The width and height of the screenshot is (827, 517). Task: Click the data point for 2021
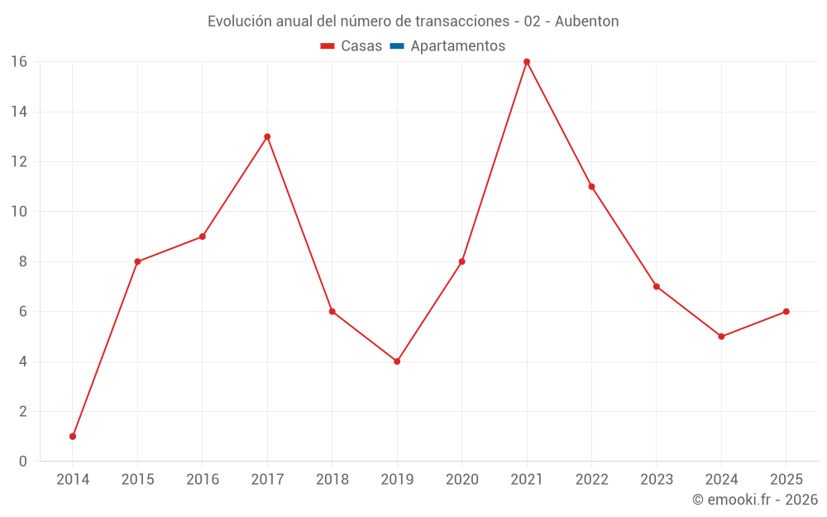(x=527, y=62)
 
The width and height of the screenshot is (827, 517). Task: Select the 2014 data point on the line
(x=73, y=436)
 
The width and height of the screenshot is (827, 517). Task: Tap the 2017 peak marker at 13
(x=267, y=136)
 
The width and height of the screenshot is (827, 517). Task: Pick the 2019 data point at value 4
(x=397, y=361)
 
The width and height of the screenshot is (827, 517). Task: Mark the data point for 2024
(x=721, y=337)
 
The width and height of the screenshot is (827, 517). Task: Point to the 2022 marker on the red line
(x=591, y=187)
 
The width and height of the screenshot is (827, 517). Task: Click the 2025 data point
(x=786, y=312)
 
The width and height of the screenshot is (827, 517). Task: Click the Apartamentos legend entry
(x=457, y=46)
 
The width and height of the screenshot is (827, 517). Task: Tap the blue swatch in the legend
(x=397, y=46)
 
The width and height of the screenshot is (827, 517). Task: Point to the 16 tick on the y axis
(x=18, y=62)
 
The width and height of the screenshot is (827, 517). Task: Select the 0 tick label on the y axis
(x=22, y=461)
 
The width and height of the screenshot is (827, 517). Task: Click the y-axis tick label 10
(x=18, y=212)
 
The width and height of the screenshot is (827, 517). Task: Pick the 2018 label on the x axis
(x=332, y=480)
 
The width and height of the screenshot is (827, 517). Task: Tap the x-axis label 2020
(x=461, y=480)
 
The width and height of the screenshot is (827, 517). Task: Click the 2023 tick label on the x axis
(x=657, y=480)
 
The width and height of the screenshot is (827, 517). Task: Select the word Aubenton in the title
(x=588, y=22)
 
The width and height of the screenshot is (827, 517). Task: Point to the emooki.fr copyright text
(x=755, y=500)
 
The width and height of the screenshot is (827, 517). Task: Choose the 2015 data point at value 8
(x=137, y=261)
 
